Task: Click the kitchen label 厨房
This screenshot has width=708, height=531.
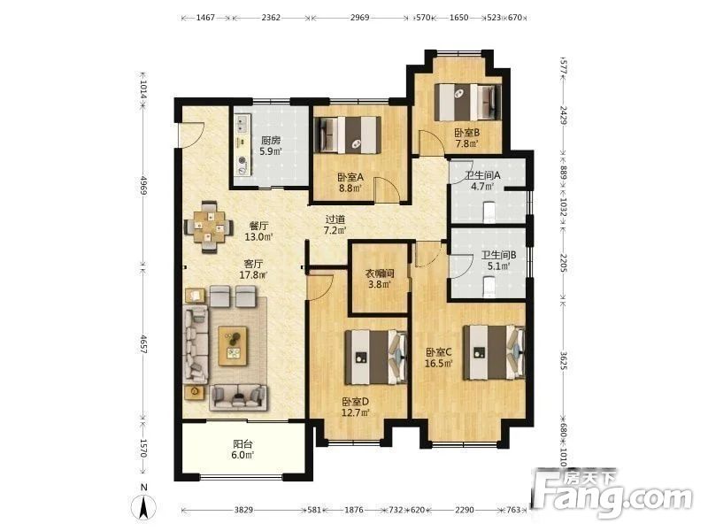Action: click(271, 141)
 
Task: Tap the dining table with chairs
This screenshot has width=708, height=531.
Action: click(209, 227)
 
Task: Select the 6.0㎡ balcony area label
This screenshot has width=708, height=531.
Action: click(242, 455)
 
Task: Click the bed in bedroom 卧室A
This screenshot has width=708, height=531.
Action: click(347, 135)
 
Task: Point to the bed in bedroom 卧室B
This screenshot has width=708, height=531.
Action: click(468, 102)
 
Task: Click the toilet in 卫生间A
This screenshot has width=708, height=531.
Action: click(489, 212)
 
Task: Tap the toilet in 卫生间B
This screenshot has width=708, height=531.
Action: click(489, 286)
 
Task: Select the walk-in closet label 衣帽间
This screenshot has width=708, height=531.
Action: click(380, 273)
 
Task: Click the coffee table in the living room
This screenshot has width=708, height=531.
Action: click(233, 345)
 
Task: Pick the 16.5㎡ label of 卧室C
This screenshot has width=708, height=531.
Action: click(438, 363)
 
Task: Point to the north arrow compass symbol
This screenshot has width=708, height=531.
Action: click(144, 504)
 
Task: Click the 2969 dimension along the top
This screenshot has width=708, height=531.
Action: click(359, 18)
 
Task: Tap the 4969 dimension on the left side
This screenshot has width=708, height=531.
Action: click(143, 185)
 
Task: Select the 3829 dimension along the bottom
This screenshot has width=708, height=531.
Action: click(243, 510)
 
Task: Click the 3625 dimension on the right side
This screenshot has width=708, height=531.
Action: click(563, 361)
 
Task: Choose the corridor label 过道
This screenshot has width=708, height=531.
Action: click(335, 219)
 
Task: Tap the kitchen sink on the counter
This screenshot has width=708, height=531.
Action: click(242, 124)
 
